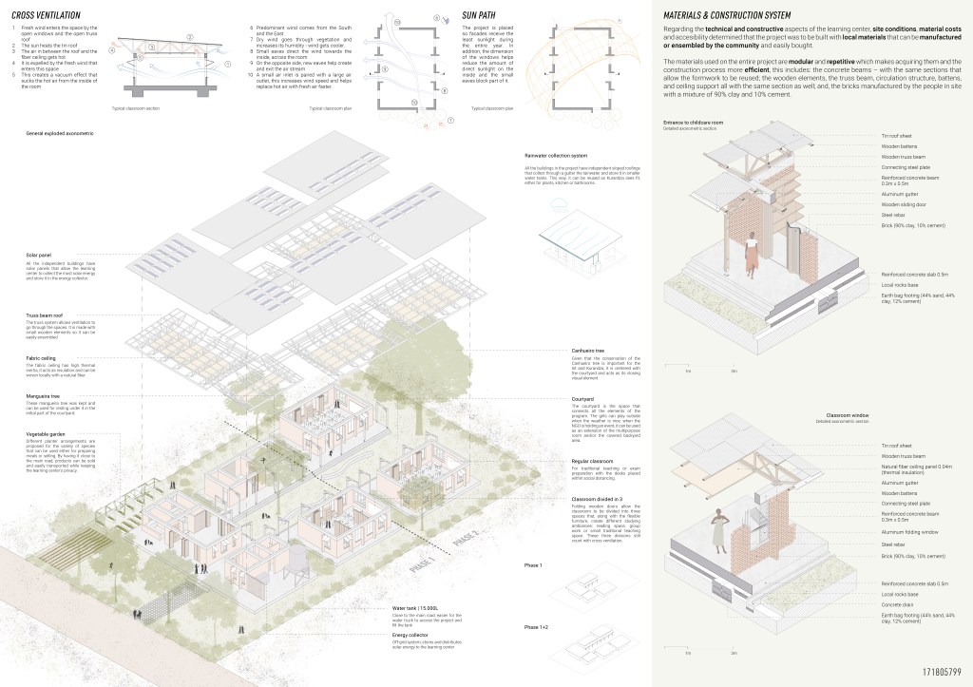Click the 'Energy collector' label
pyautogui.click(x=410, y=636)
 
